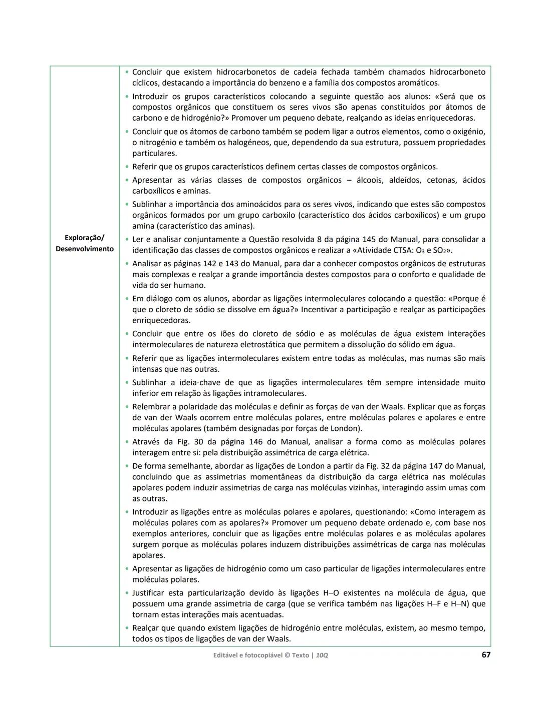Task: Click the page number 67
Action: click(x=485, y=654)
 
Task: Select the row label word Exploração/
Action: click(x=84, y=238)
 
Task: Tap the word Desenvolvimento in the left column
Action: click(x=84, y=249)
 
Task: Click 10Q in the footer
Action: click(x=322, y=655)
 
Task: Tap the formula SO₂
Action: click(x=440, y=251)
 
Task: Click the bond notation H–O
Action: click(x=329, y=593)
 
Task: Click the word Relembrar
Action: click(x=151, y=407)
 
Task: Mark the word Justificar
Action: click(x=152, y=593)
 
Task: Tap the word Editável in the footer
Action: click(x=228, y=655)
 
